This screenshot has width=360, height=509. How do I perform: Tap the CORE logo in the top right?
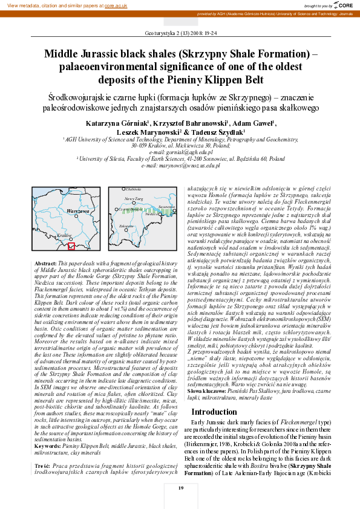[x=344, y=5]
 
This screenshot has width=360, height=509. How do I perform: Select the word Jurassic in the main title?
[x=99, y=53]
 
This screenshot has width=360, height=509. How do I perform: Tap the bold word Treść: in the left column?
[x=42, y=449]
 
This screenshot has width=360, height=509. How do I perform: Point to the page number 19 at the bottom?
[x=180, y=488]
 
